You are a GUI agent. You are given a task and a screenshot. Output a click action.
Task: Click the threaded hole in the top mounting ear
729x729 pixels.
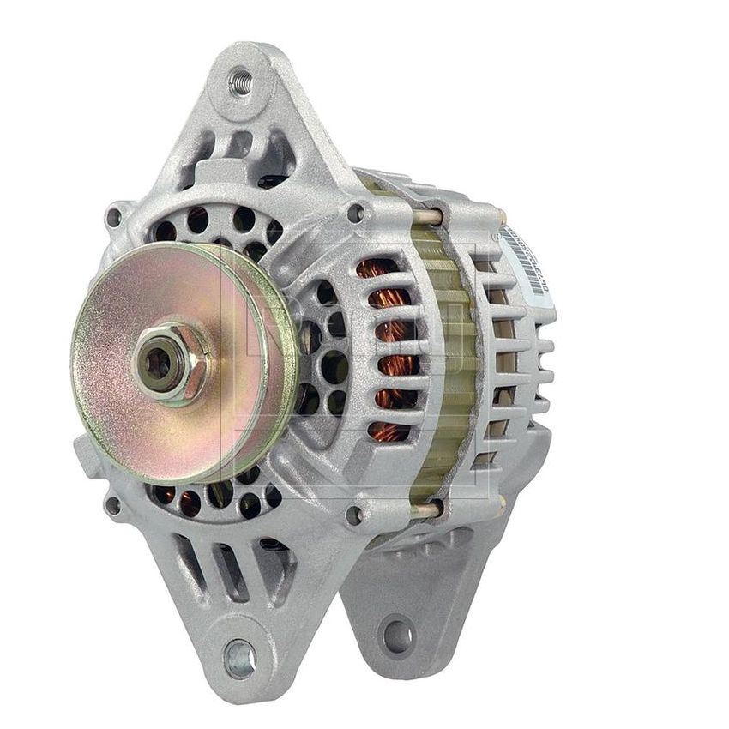coord(240,83)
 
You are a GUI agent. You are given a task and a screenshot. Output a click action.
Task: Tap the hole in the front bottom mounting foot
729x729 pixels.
coord(239,659)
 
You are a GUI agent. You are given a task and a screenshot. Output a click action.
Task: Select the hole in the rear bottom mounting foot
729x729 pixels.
coord(396,636)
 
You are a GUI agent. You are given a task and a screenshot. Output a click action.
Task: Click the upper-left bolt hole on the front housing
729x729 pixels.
coord(113,217)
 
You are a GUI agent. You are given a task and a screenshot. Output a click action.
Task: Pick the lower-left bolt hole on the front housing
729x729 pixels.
coord(112,505)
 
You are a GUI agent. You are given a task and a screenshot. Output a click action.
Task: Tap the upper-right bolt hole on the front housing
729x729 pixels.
coord(355,211)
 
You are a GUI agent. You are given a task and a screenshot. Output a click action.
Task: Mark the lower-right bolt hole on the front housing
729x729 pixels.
coord(353,515)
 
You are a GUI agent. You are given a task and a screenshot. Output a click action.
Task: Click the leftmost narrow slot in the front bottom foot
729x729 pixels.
coord(192,562)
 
